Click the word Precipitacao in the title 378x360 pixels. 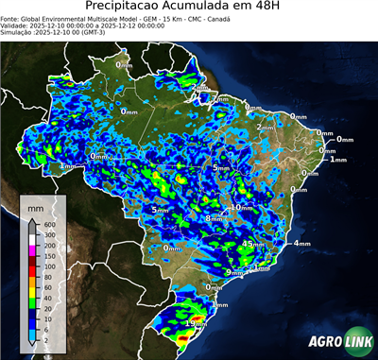click(125, 8)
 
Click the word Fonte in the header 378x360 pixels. click(11, 17)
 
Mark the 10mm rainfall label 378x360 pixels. click(241, 207)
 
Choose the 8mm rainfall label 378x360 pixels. click(215, 218)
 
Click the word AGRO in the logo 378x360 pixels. click(319, 341)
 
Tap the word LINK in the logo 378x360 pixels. click(354, 341)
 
